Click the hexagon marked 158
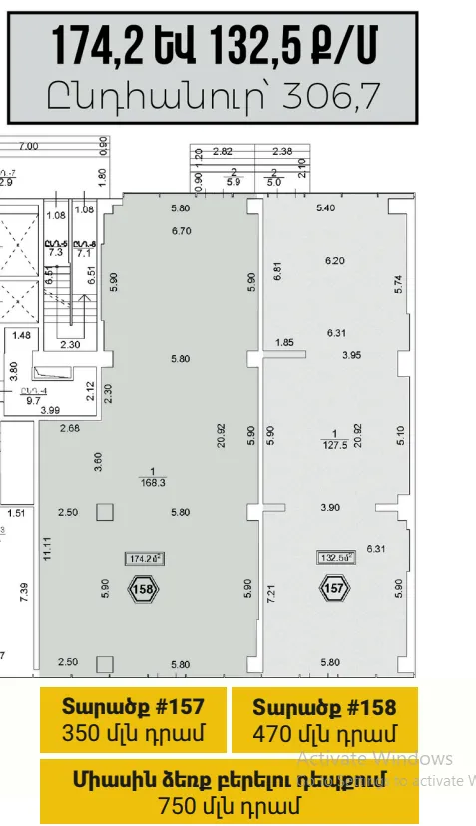[143, 589]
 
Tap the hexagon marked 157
[336, 589]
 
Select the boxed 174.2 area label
[144, 559]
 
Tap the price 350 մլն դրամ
[133, 735]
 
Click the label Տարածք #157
[133, 707]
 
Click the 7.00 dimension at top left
[29, 146]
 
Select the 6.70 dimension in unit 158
[181, 231]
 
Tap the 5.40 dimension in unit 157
[326, 208]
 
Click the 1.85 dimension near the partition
[283, 343]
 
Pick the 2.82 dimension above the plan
[222, 152]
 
